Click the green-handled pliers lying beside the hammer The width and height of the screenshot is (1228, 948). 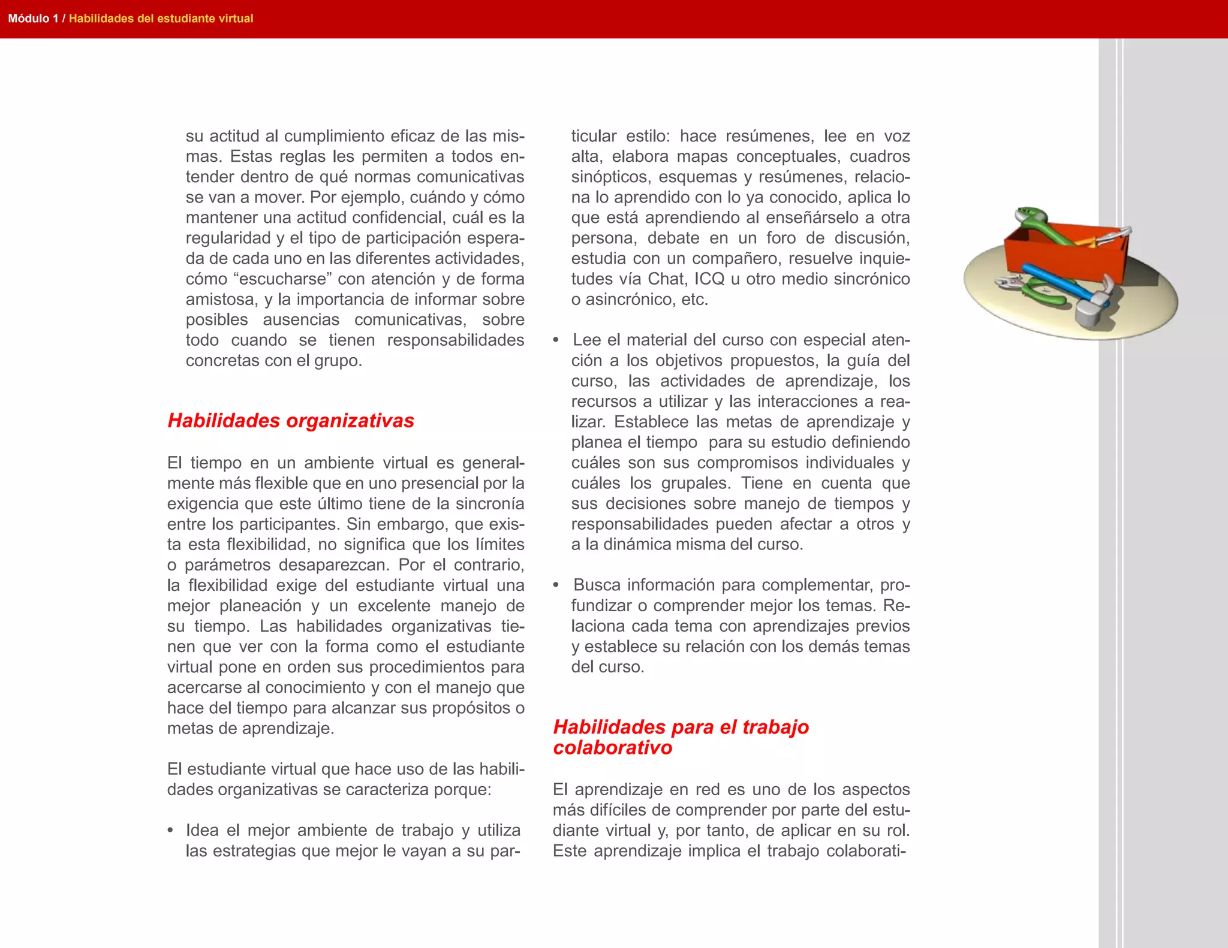(1031, 291)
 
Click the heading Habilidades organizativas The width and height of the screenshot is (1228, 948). (291, 421)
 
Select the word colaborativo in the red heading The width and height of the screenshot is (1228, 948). (612, 748)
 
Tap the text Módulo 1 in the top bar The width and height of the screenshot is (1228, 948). (33, 19)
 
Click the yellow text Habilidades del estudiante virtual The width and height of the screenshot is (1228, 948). (161, 19)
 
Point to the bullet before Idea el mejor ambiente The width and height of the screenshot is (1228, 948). (171, 831)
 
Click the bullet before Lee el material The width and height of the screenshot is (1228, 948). (556, 340)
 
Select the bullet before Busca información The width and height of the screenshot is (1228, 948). (556, 585)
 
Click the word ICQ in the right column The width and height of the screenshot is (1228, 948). (710, 279)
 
